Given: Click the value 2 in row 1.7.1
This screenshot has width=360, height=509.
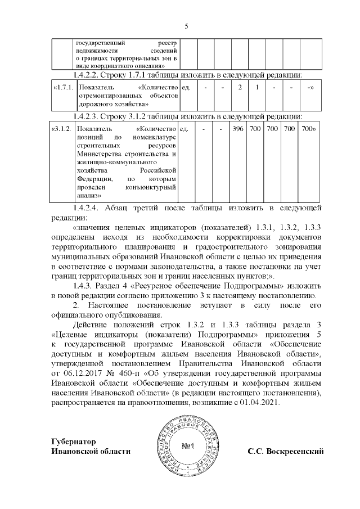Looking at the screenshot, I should [x=240, y=88].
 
